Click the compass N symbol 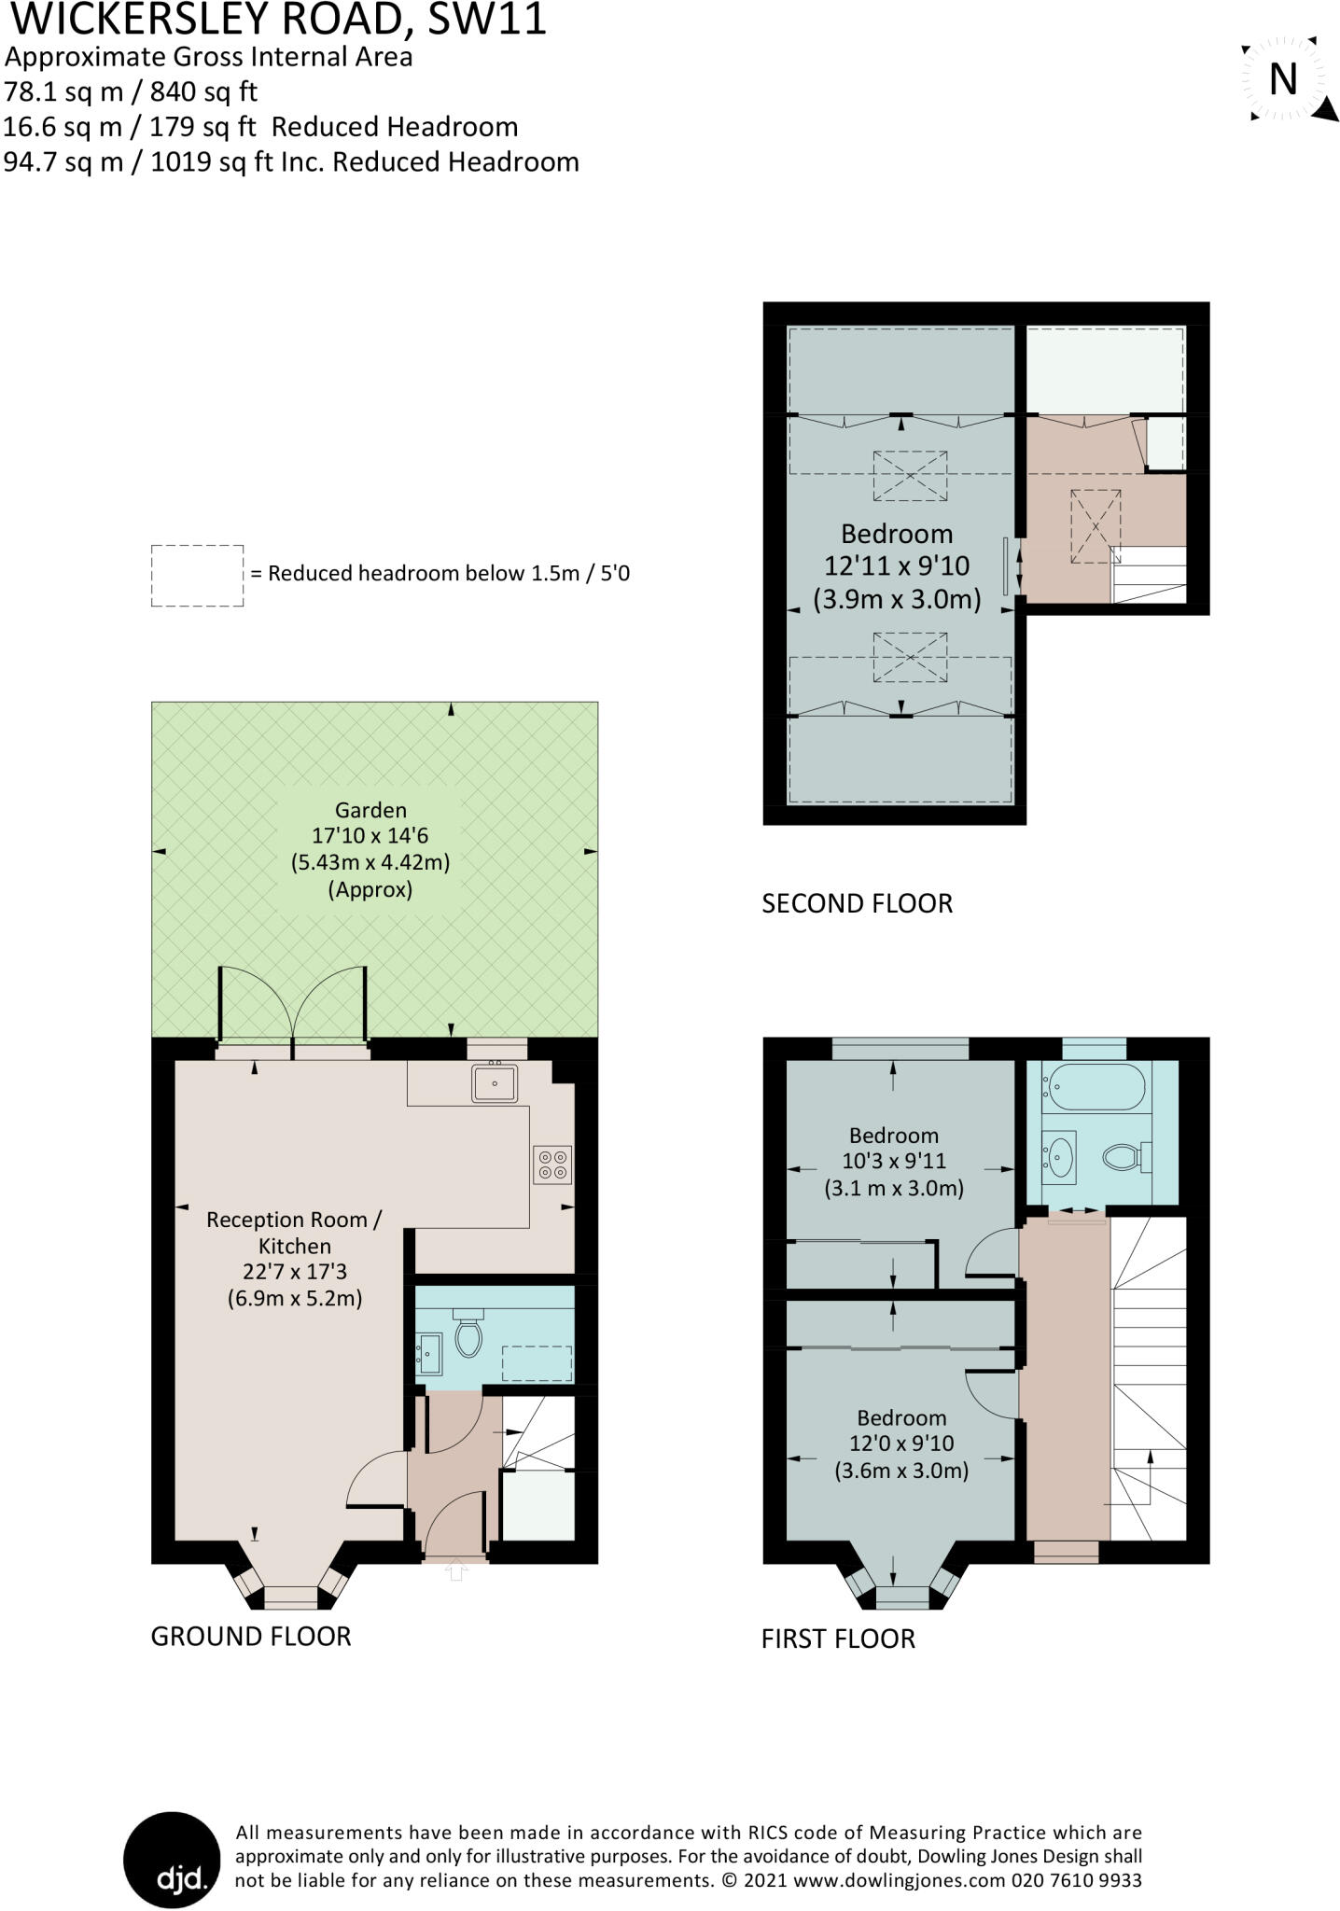[1284, 79]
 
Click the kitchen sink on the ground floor [495, 1082]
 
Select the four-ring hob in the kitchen [551, 1164]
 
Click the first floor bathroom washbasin [1060, 1157]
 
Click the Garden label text [370, 810]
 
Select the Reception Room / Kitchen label [294, 1232]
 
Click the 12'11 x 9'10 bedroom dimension [896, 565]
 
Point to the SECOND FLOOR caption [857, 903]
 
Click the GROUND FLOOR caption [251, 1636]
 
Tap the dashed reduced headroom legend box [197, 576]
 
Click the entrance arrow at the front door [455, 1573]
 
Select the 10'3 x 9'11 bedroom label [893, 1162]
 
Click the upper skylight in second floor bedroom [910, 476]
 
